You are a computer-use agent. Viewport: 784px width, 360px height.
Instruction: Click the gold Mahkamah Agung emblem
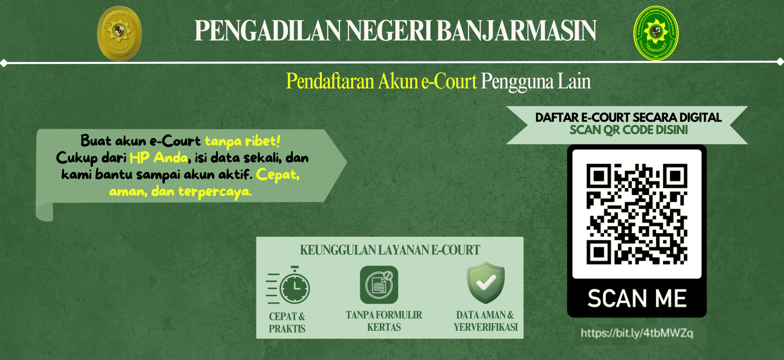pyautogui.click(x=120, y=33)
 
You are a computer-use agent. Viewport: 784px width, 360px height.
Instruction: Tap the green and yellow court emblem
pyautogui.click(x=656, y=33)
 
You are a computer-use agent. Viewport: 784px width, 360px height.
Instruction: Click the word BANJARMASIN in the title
pyautogui.click(x=516, y=30)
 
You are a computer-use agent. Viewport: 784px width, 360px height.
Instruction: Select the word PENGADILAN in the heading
pyautogui.click(x=268, y=30)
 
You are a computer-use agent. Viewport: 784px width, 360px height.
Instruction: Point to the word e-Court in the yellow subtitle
pyautogui.click(x=449, y=81)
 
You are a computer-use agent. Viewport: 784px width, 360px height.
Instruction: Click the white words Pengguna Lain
pyautogui.click(x=536, y=82)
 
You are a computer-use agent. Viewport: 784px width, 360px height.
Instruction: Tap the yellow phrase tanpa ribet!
pyautogui.click(x=242, y=141)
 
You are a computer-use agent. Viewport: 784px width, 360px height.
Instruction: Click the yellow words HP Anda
pyautogui.click(x=158, y=158)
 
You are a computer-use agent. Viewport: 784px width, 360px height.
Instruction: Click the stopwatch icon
pyautogui.click(x=288, y=285)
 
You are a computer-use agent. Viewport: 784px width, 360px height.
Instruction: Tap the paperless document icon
pyautogui.click(x=379, y=285)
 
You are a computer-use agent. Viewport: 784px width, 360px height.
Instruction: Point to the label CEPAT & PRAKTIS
pyautogui.click(x=287, y=322)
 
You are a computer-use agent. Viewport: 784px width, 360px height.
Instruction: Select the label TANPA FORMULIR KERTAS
pyautogui.click(x=384, y=321)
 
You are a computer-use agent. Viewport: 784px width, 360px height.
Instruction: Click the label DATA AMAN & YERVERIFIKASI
pyautogui.click(x=486, y=321)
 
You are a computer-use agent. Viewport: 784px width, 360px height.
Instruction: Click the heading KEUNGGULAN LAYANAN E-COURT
pyautogui.click(x=390, y=250)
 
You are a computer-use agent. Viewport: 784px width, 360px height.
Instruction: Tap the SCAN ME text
pyautogui.click(x=637, y=299)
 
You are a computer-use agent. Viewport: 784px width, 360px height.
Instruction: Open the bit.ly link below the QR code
pyautogui.click(x=637, y=333)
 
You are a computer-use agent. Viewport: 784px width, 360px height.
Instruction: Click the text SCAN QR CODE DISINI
pyautogui.click(x=628, y=130)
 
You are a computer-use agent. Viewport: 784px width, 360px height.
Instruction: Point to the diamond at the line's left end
pyautogui.click(x=4, y=63)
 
